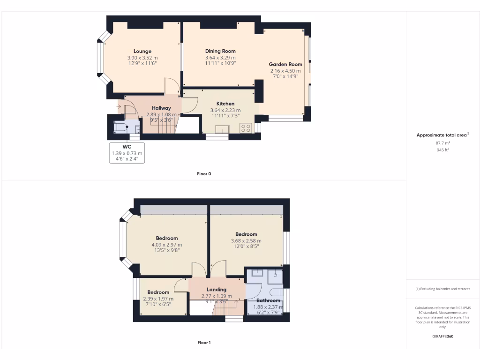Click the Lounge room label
click(x=142, y=52)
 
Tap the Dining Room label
click(x=220, y=51)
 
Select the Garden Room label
click(x=285, y=64)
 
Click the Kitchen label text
click(x=225, y=104)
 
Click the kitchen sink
click(x=222, y=129)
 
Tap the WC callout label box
click(x=127, y=153)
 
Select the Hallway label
click(x=161, y=108)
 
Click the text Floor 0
click(x=204, y=174)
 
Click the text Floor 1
click(x=204, y=343)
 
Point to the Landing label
click(x=217, y=290)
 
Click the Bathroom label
click(x=268, y=300)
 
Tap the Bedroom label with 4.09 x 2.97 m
click(x=166, y=238)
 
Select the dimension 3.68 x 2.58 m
click(x=246, y=241)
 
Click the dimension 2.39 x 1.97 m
click(x=158, y=299)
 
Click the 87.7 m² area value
click(x=443, y=143)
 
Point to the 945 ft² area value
click(x=443, y=150)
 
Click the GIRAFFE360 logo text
click(x=443, y=336)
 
